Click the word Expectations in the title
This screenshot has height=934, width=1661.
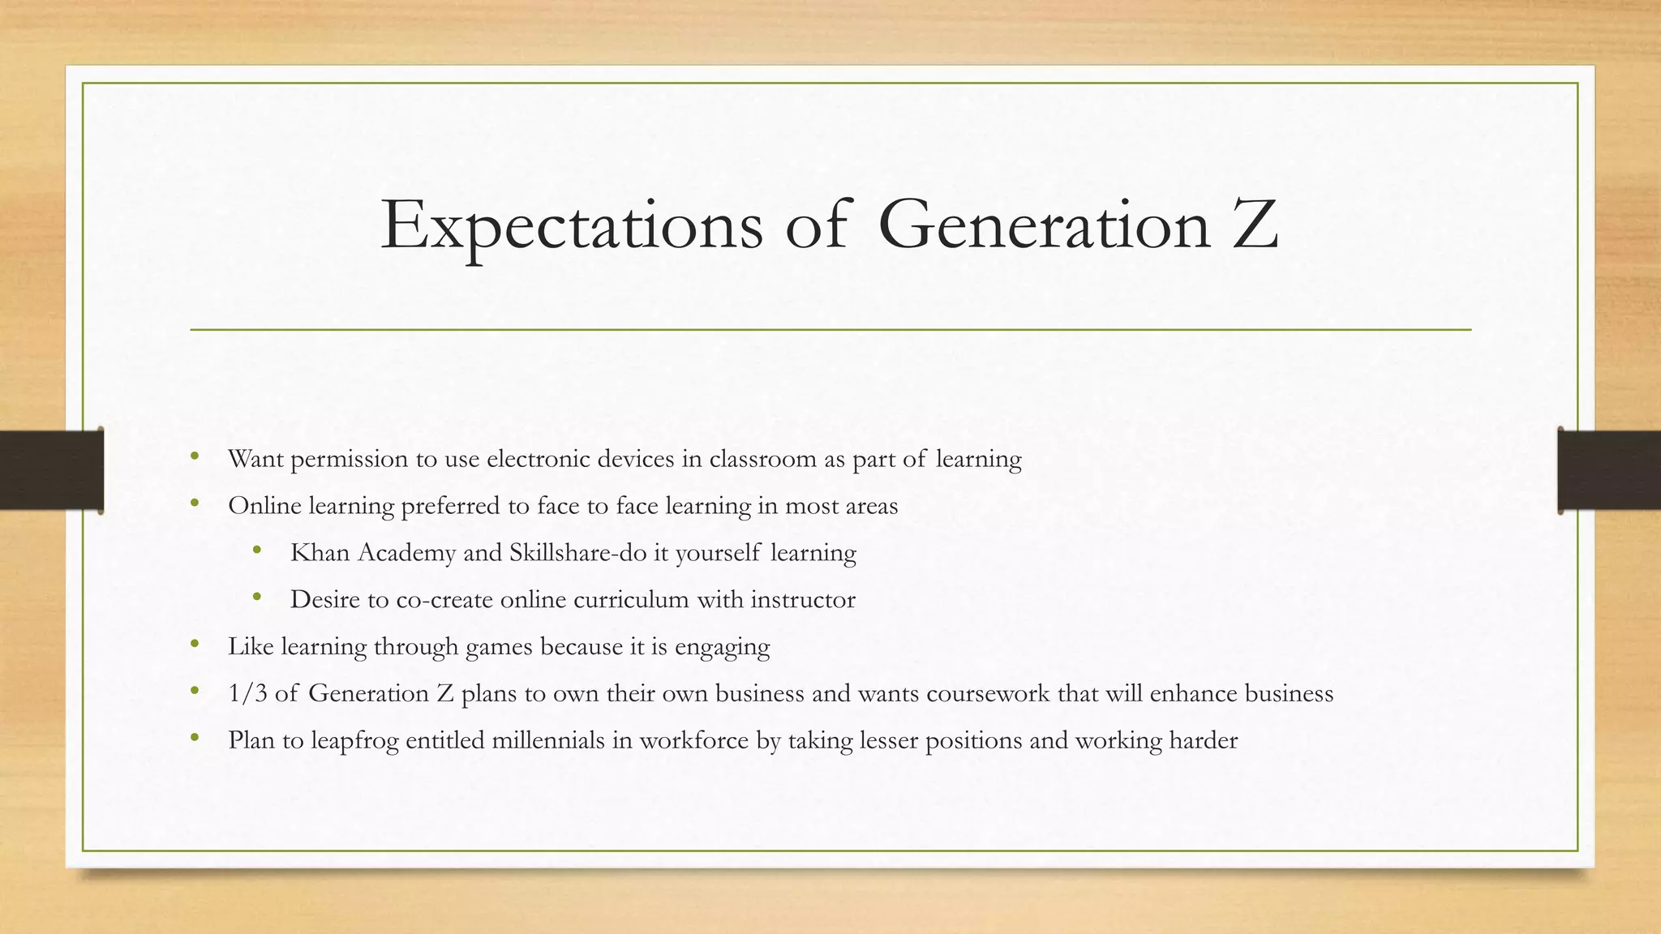click(x=571, y=225)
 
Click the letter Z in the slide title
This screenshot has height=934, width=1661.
click(x=1254, y=225)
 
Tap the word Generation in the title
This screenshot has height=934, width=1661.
click(x=1044, y=225)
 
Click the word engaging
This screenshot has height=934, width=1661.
click(x=722, y=648)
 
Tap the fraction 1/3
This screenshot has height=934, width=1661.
click(x=247, y=693)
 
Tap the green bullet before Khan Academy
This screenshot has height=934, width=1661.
click(x=257, y=551)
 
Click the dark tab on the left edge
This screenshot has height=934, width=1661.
click(x=51, y=470)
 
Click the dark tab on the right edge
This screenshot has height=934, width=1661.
click(x=1609, y=470)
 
